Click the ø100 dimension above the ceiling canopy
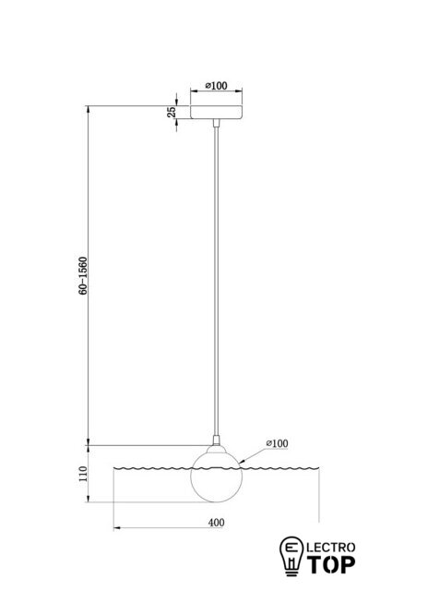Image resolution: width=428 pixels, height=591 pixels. (x=216, y=86)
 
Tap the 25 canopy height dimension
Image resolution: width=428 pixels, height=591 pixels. (x=172, y=113)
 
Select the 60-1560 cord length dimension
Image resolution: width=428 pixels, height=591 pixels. (x=83, y=275)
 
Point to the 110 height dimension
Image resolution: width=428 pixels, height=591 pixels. (x=83, y=474)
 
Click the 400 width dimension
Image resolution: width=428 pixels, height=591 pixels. (x=216, y=523)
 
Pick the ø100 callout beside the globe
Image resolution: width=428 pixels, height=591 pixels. (x=277, y=443)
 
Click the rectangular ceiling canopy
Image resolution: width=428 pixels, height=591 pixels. (x=216, y=113)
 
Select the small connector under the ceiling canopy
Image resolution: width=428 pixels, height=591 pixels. (x=216, y=123)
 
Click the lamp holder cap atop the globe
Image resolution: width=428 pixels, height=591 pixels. (x=217, y=449)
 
